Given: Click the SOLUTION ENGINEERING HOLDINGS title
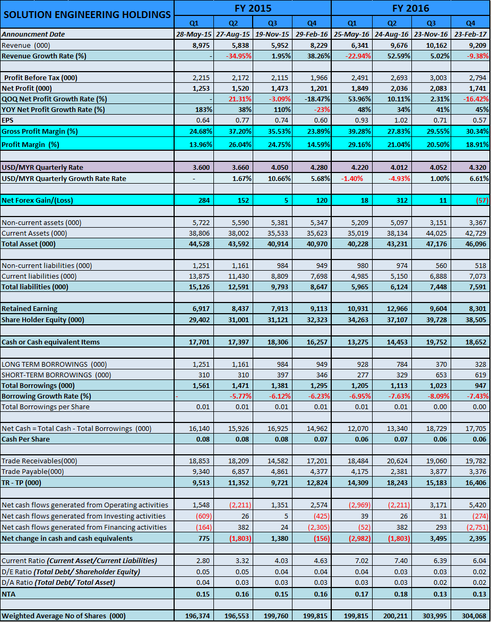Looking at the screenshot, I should click(x=87, y=14).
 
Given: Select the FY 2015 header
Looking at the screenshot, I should click(x=253, y=8).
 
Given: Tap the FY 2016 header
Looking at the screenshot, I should click(x=410, y=8).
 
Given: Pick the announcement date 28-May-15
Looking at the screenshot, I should click(x=194, y=34).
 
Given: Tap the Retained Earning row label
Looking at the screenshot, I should click(x=29, y=308).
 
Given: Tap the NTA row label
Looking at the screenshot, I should click(x=9, y=594).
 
